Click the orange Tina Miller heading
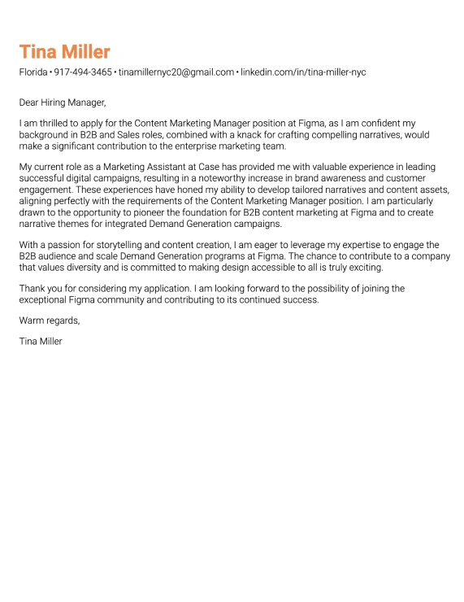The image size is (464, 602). [x=64, y=52]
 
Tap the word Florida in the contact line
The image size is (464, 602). [x=33, y=72]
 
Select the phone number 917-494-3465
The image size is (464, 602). [x=83, y=72]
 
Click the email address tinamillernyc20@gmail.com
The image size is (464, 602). [x=176, y=72]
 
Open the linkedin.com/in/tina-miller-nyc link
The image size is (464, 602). [x=303, y=72]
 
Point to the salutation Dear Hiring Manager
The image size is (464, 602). [x=63, y=103]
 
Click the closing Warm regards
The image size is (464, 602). [x=50, y=321]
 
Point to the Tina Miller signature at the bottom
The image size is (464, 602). [x=41, y=341]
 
